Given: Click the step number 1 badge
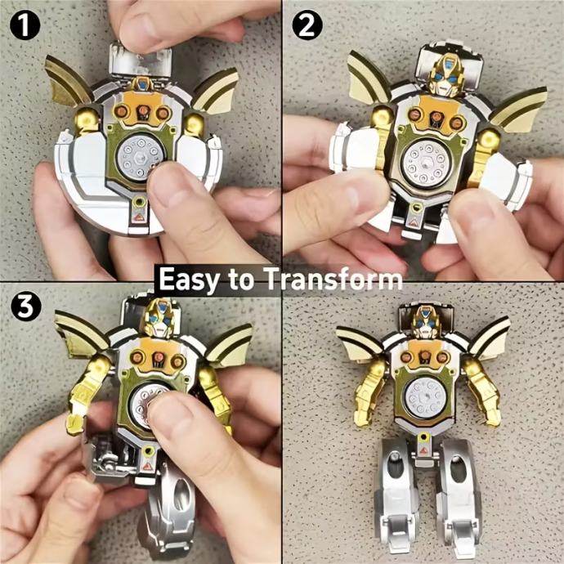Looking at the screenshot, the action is (x=25, y=25).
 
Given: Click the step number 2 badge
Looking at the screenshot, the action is (x=307, y=25).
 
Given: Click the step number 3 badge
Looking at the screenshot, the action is (x=25, y=306).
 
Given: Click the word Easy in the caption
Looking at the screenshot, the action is (x=187, y=280).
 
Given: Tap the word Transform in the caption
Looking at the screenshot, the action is (x=333, y=279).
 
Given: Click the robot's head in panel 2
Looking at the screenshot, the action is (x=444, y=75).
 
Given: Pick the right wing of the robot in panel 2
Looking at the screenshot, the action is (x=519, y=108).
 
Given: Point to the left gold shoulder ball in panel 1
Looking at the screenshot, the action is (x=87, y=119).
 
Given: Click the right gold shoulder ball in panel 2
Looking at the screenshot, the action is (x=488, y=140).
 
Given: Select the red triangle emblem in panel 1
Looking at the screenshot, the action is (x=139, y=217).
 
